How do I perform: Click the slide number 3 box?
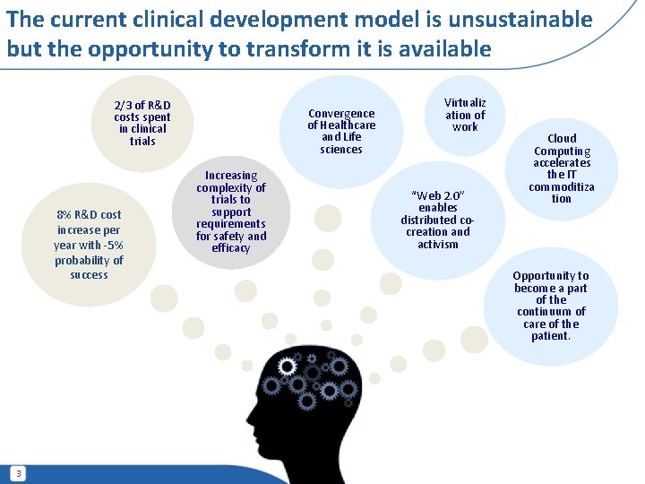(x=19, y=472)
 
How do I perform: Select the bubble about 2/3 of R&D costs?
(x=142, y=123)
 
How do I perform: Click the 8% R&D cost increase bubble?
(x=89, y=244)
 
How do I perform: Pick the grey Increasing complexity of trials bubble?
(x=231, y=212)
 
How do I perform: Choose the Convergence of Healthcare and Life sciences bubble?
(x=341, y=131)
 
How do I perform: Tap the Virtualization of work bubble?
(x=465, y=115)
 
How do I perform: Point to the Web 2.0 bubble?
(x=437, y=219)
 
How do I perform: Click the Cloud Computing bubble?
(x=562, y=169)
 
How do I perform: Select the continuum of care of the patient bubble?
(x=551, y=306)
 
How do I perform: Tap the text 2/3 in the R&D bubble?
(x=123, y=106)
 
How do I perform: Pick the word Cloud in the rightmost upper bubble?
(x=562, y=138)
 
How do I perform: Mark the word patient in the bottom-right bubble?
(x=551, y=336)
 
